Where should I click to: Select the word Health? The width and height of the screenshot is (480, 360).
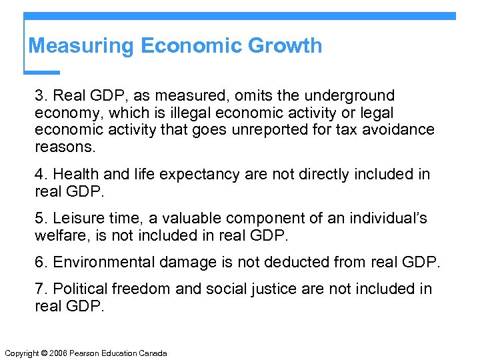click(75, 175)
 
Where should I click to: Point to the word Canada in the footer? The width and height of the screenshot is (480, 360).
click(153, 353)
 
